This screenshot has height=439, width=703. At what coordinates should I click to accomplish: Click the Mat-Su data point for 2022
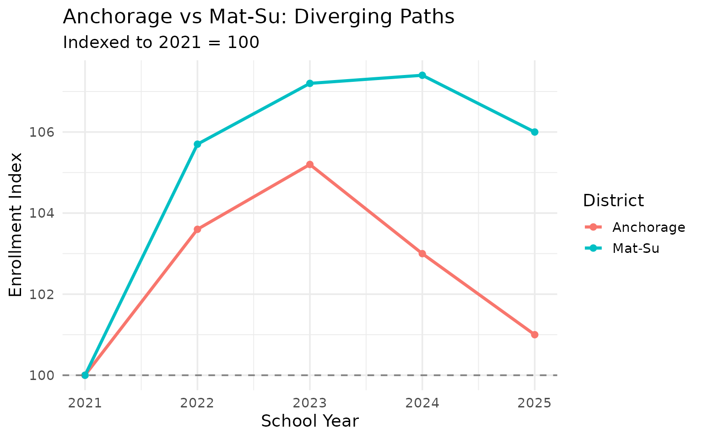pos(197,144)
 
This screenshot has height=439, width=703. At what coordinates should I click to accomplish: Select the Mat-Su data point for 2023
pos(310,83)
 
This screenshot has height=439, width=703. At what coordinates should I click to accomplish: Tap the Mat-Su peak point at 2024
pos(422,75)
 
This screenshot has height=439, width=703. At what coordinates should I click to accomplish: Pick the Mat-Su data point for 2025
pos(535,132)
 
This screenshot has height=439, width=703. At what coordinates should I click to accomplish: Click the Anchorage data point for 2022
pos(197,229)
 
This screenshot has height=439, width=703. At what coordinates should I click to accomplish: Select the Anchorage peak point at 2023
pos(310,164)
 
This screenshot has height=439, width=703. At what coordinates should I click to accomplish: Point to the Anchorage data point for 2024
pos(422,253)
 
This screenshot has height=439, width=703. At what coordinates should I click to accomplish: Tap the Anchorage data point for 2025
pos(535,335)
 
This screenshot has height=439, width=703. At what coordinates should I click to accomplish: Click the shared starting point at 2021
pos(85,375)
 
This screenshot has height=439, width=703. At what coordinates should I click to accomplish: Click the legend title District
pos(613,200)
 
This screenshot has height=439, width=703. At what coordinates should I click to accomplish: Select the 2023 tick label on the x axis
pos(310,403)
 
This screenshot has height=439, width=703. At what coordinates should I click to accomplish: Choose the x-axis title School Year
pos(310,421)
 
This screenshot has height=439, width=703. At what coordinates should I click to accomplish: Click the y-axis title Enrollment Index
pos(16,225)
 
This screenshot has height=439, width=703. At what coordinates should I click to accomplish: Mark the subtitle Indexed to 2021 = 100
pos(161,43)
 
